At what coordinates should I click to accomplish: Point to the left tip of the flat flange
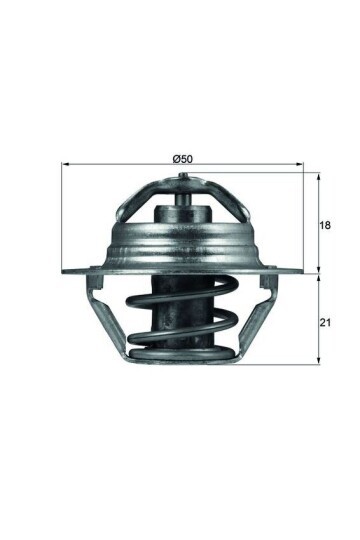tap(65, 271)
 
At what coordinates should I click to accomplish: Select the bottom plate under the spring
tap(183, 357)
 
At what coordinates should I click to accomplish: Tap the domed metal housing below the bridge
tap(183, 245)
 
